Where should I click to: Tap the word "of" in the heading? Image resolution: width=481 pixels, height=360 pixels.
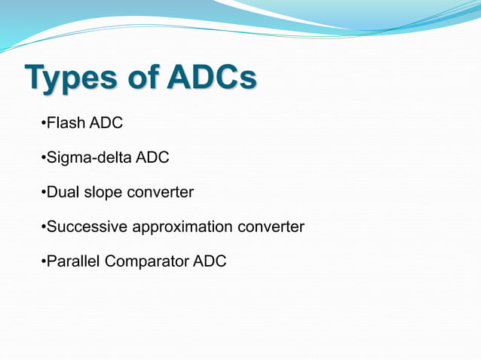142,78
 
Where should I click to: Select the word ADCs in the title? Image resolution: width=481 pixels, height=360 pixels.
212,78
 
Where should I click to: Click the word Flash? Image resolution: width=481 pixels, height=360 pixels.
66,123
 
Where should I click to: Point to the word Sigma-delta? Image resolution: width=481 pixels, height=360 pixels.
89,157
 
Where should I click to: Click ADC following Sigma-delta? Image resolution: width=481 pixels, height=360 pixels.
152,157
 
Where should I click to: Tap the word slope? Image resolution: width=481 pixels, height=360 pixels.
103,193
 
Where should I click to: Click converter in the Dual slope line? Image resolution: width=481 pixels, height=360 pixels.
160,192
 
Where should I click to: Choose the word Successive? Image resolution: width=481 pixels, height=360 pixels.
85,227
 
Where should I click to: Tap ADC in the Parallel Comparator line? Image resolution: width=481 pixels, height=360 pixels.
210,261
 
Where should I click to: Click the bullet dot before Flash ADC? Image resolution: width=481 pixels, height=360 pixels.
42,124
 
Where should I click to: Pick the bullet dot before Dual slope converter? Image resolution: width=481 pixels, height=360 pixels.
42,193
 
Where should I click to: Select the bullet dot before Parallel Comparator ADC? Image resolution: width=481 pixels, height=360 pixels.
42,262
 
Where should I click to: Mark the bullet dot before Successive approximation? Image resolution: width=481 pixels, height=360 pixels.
42,227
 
